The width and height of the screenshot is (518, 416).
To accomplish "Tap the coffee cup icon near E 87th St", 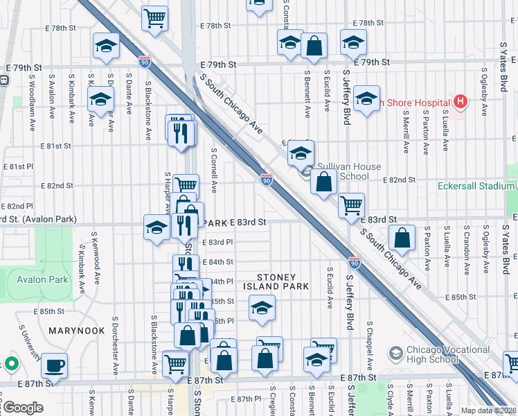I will coord(54,365).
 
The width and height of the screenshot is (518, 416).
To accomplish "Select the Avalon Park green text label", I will coord(43,279).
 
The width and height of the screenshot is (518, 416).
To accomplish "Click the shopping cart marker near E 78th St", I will coord(154,17).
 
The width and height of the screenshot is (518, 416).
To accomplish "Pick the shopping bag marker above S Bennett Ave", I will coord(314,46).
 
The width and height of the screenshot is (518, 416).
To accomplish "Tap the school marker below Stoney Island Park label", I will coord(262,308).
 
